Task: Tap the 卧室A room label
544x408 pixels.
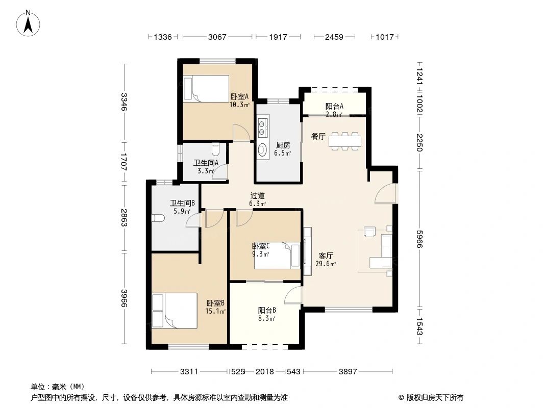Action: pyautogui.click(x=239, y=96)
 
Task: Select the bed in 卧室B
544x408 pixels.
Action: pyautogui.click(x=174, y=310)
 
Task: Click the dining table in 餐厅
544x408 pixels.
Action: pyautogui.click(x=345, y=141)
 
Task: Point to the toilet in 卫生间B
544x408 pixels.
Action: pyautogui.click(x=157, y=218)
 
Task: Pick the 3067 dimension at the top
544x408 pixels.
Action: pyautogui.click(x=218, y=37)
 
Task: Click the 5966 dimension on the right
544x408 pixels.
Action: pyautogui.click(x=419, y=238)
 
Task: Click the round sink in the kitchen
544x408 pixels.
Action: pyautogui.click(x=263, y=149)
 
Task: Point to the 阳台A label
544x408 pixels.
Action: pyautogui.click(x=334, y=107)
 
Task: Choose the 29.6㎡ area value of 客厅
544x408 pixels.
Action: pyautogui.click(x=326, y=264)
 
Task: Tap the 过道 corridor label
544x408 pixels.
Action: pyautogui.click(x=257, y=195)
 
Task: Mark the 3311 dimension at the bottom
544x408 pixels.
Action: pyautogui.click(x=189, y=372)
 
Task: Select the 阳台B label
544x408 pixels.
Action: pyautogui.click(x=266, y=310)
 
